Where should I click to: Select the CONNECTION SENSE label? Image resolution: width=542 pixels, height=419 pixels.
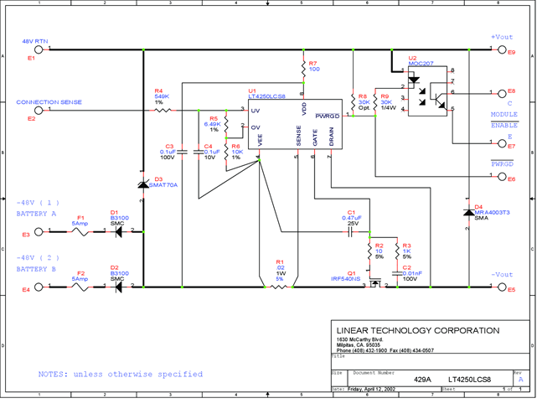[49, 102]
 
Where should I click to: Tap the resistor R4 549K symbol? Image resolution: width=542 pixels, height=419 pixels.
[163, 110]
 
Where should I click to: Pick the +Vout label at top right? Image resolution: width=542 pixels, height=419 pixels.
[501, 38]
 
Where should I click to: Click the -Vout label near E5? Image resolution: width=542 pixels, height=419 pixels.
[502, 275]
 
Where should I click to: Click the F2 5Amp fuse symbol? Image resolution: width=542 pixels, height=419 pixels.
[81, 287]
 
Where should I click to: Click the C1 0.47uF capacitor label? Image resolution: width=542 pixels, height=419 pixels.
[352, 215]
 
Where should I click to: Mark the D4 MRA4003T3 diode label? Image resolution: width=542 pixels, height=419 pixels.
[492, 210]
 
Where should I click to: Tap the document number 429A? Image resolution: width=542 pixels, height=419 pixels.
[422, 379]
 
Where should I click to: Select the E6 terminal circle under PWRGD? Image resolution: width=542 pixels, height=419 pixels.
[503, 178]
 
